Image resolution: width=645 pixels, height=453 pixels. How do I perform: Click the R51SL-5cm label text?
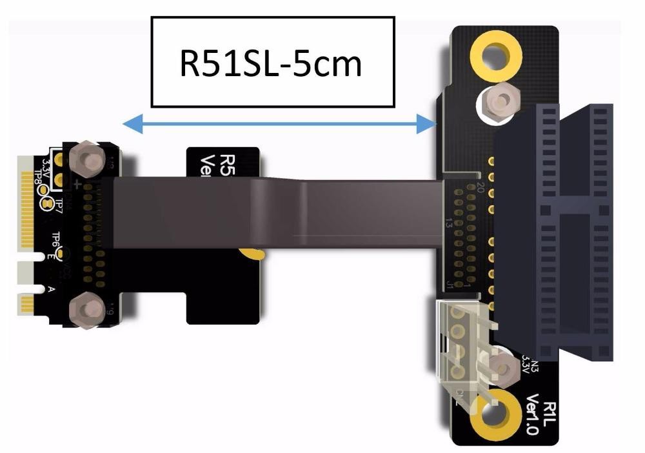coord(271,63)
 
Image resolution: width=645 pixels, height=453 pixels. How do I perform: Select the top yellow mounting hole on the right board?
coord(495,54)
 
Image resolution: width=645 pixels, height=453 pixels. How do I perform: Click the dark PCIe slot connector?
coord(555,232)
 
